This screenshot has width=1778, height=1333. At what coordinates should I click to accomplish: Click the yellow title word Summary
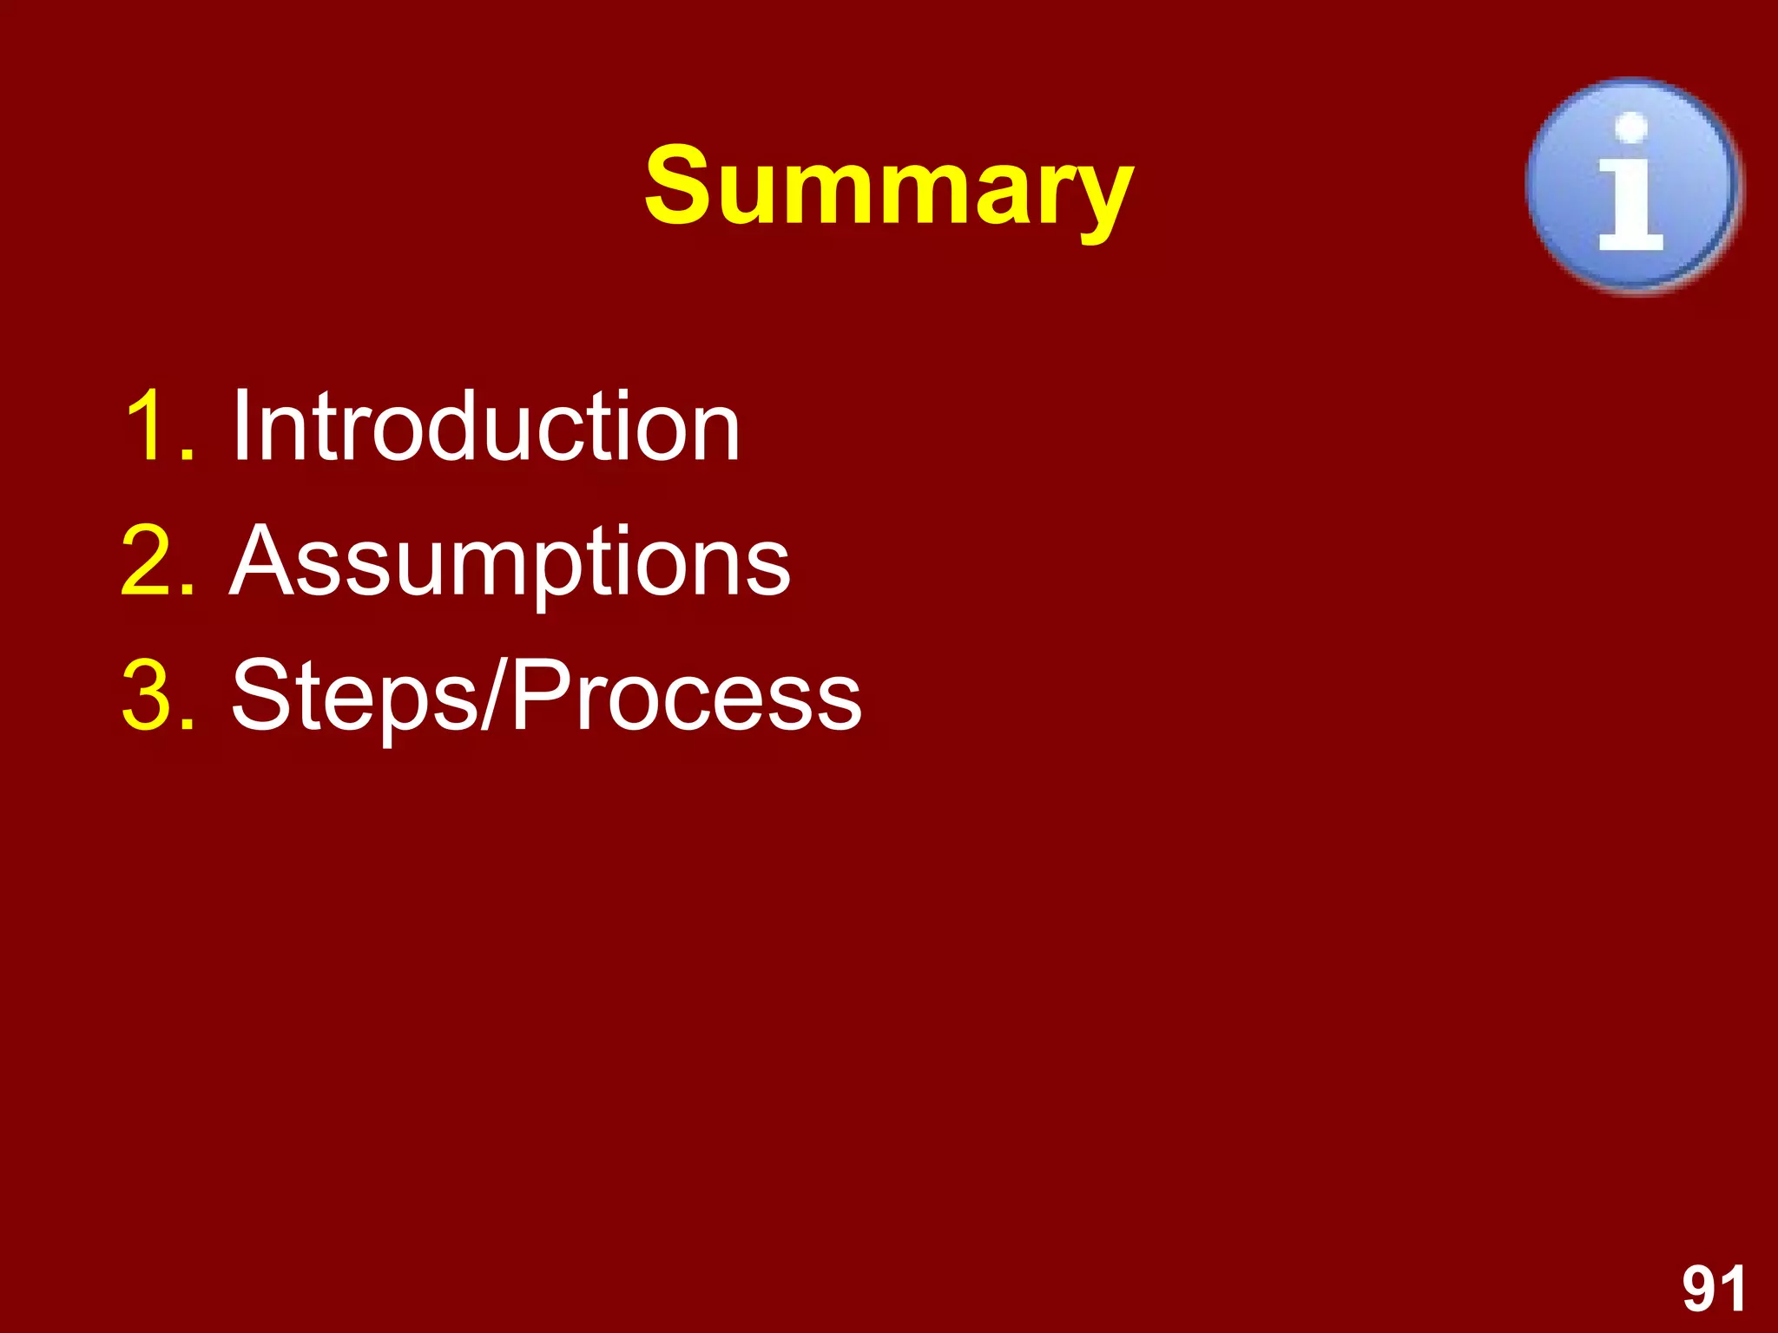888,186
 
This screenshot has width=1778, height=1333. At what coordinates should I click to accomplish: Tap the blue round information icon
1633,185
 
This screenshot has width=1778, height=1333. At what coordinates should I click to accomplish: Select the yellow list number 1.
149,425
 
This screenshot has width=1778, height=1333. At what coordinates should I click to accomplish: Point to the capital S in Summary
685,185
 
